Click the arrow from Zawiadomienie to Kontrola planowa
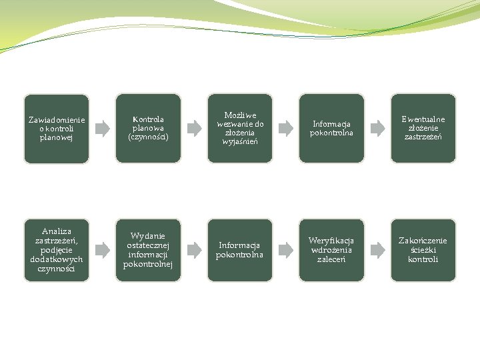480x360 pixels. pyautogui.click(x=102, y=128)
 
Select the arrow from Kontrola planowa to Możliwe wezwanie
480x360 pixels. pyautogui.click(x=194, y=128)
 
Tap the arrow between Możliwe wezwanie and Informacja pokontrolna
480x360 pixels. pyautogui.click(x=285, y=128)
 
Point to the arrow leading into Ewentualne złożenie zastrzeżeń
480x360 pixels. pyautogui.click(x=377, y=128)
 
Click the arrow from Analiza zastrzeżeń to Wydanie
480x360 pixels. pyautogui.click(x=102, y=250)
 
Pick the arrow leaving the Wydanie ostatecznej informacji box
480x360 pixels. pyautogui.click(x=194, y=250)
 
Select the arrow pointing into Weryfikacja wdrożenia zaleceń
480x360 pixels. pyautogui.click(x=285, y=250)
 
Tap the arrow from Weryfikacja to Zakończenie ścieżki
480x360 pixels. pyautogui.click(x=377, y=250)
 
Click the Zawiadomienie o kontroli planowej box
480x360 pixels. pyautogui.click(x=57, y=128)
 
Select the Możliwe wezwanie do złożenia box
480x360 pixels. pyautogui.click(x=240, y=128)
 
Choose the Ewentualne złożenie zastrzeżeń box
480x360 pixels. pyautogui.click(x=423, y=128)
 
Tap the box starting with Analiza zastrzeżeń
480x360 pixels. pyautogui.click(x=57, y=250)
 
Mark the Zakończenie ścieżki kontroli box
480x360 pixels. pyautogui.click(x=423, y=250)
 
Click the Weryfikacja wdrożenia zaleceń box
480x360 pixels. pyautogui.click(x=331, y=250)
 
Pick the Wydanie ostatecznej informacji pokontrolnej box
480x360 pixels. pyautogui.click(x=148, y=250)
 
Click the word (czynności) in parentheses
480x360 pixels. pyautogui.click(x=148, y=137)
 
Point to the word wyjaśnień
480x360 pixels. pyautogui.click(x=240, y=141)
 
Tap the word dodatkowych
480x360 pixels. pyautogui.click(x=57, y=259)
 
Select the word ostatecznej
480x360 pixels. pyautogui.click(x=148, y=245)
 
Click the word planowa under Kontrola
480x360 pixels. pyautogui.click(x=148, y=128)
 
